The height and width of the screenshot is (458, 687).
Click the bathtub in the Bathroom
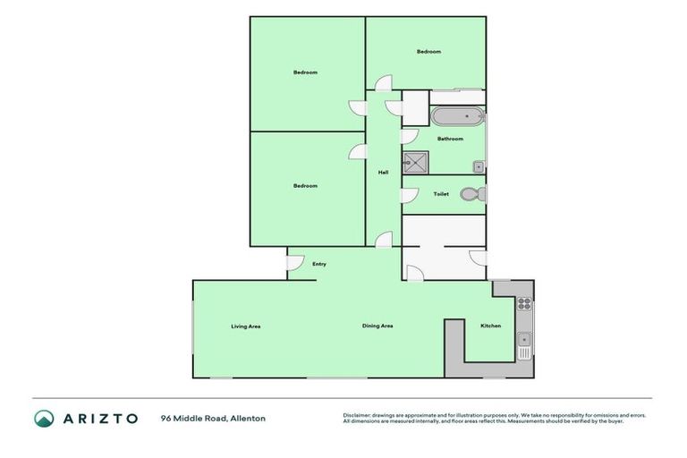tap(457, 116)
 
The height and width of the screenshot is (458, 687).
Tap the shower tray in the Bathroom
tap(415, 163)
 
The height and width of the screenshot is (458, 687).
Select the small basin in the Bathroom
tap(479, 166)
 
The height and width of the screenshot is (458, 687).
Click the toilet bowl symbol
tap(473, 194)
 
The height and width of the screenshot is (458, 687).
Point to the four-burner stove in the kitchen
tap(524, 303)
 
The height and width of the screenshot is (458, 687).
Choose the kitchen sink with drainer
tap(524, 343)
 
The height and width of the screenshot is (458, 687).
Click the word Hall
tap(383, 173)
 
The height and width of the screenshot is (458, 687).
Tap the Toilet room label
tap(441, 194)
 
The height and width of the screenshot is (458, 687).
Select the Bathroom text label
tap(450, 139)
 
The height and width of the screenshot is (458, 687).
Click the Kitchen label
tap(491, 326)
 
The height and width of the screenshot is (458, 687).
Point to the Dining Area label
tap(377, 326)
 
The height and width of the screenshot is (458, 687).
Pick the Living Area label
tap(245, 326)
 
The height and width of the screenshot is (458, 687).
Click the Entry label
tap(319, 264)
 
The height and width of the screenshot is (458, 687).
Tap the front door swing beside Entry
tap(294, 263)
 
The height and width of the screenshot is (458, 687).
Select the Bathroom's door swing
tap(409, 137)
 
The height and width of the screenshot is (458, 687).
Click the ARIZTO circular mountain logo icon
tap(44, 418)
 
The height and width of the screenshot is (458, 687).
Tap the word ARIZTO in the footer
tap(100, 418)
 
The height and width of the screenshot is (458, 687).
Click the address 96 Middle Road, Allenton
tap(213, 418)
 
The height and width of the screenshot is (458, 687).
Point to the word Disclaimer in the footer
tap(356, 415)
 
